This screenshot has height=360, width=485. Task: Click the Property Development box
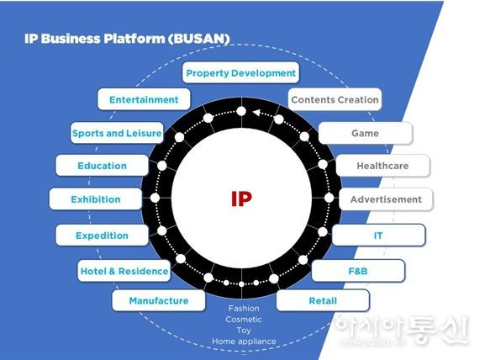pyautogui.click(x=240, y=72)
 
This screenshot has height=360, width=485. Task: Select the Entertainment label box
pyautogui.click(x=144, y=99)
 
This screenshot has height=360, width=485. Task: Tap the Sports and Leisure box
pyautogui.click(x=117, y=133)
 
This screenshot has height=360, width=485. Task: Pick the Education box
pyautogui.click(x=102, y=166)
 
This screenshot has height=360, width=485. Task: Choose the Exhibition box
pyautogui.click(x=96, y=199)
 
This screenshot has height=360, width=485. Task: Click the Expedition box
pyautogui.click(x=102, y=236)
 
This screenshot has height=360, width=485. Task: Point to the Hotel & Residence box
pyautogui.click(x=124, y=271)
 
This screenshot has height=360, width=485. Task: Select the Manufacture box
pyautogui.click(x=159, y=300)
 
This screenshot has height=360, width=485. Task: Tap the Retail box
pyautogui.click(x=323, y=300)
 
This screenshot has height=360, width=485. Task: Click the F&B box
pyautogui.click(x=358, y=271)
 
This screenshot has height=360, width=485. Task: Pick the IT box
pyautogui.click(x=378, y=236)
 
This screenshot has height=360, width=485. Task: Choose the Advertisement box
pyautogui.click(x=386, y=199)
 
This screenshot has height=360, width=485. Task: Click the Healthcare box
pyautogui.click(x=383, y=166)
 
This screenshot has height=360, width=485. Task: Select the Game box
pyautogui.click(x=366, y=133)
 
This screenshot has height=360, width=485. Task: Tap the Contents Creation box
pyautogui.click(x=335, y=99)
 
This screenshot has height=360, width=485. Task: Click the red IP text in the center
pyautogui.click(x=241, y=199)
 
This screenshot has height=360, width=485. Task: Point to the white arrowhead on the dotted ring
pyautogui.click(x=256, y=113)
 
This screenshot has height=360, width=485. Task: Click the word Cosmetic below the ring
pyautogui.click(x=244, y=319)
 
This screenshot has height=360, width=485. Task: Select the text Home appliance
pyautogui.click(x=244, y=341)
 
